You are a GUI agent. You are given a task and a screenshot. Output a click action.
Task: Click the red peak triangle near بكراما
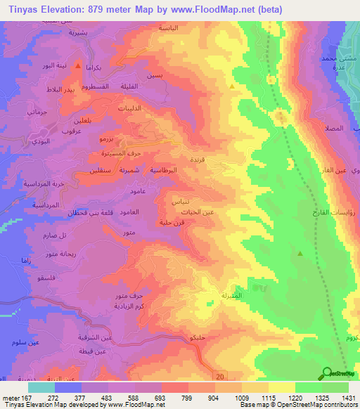coord(77,65)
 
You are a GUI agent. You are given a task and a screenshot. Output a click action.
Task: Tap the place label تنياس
coord(179,201)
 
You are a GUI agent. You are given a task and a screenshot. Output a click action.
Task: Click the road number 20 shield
coord(221,377)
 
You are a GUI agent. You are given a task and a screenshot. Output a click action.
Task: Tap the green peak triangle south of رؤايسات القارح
coord(300,254)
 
